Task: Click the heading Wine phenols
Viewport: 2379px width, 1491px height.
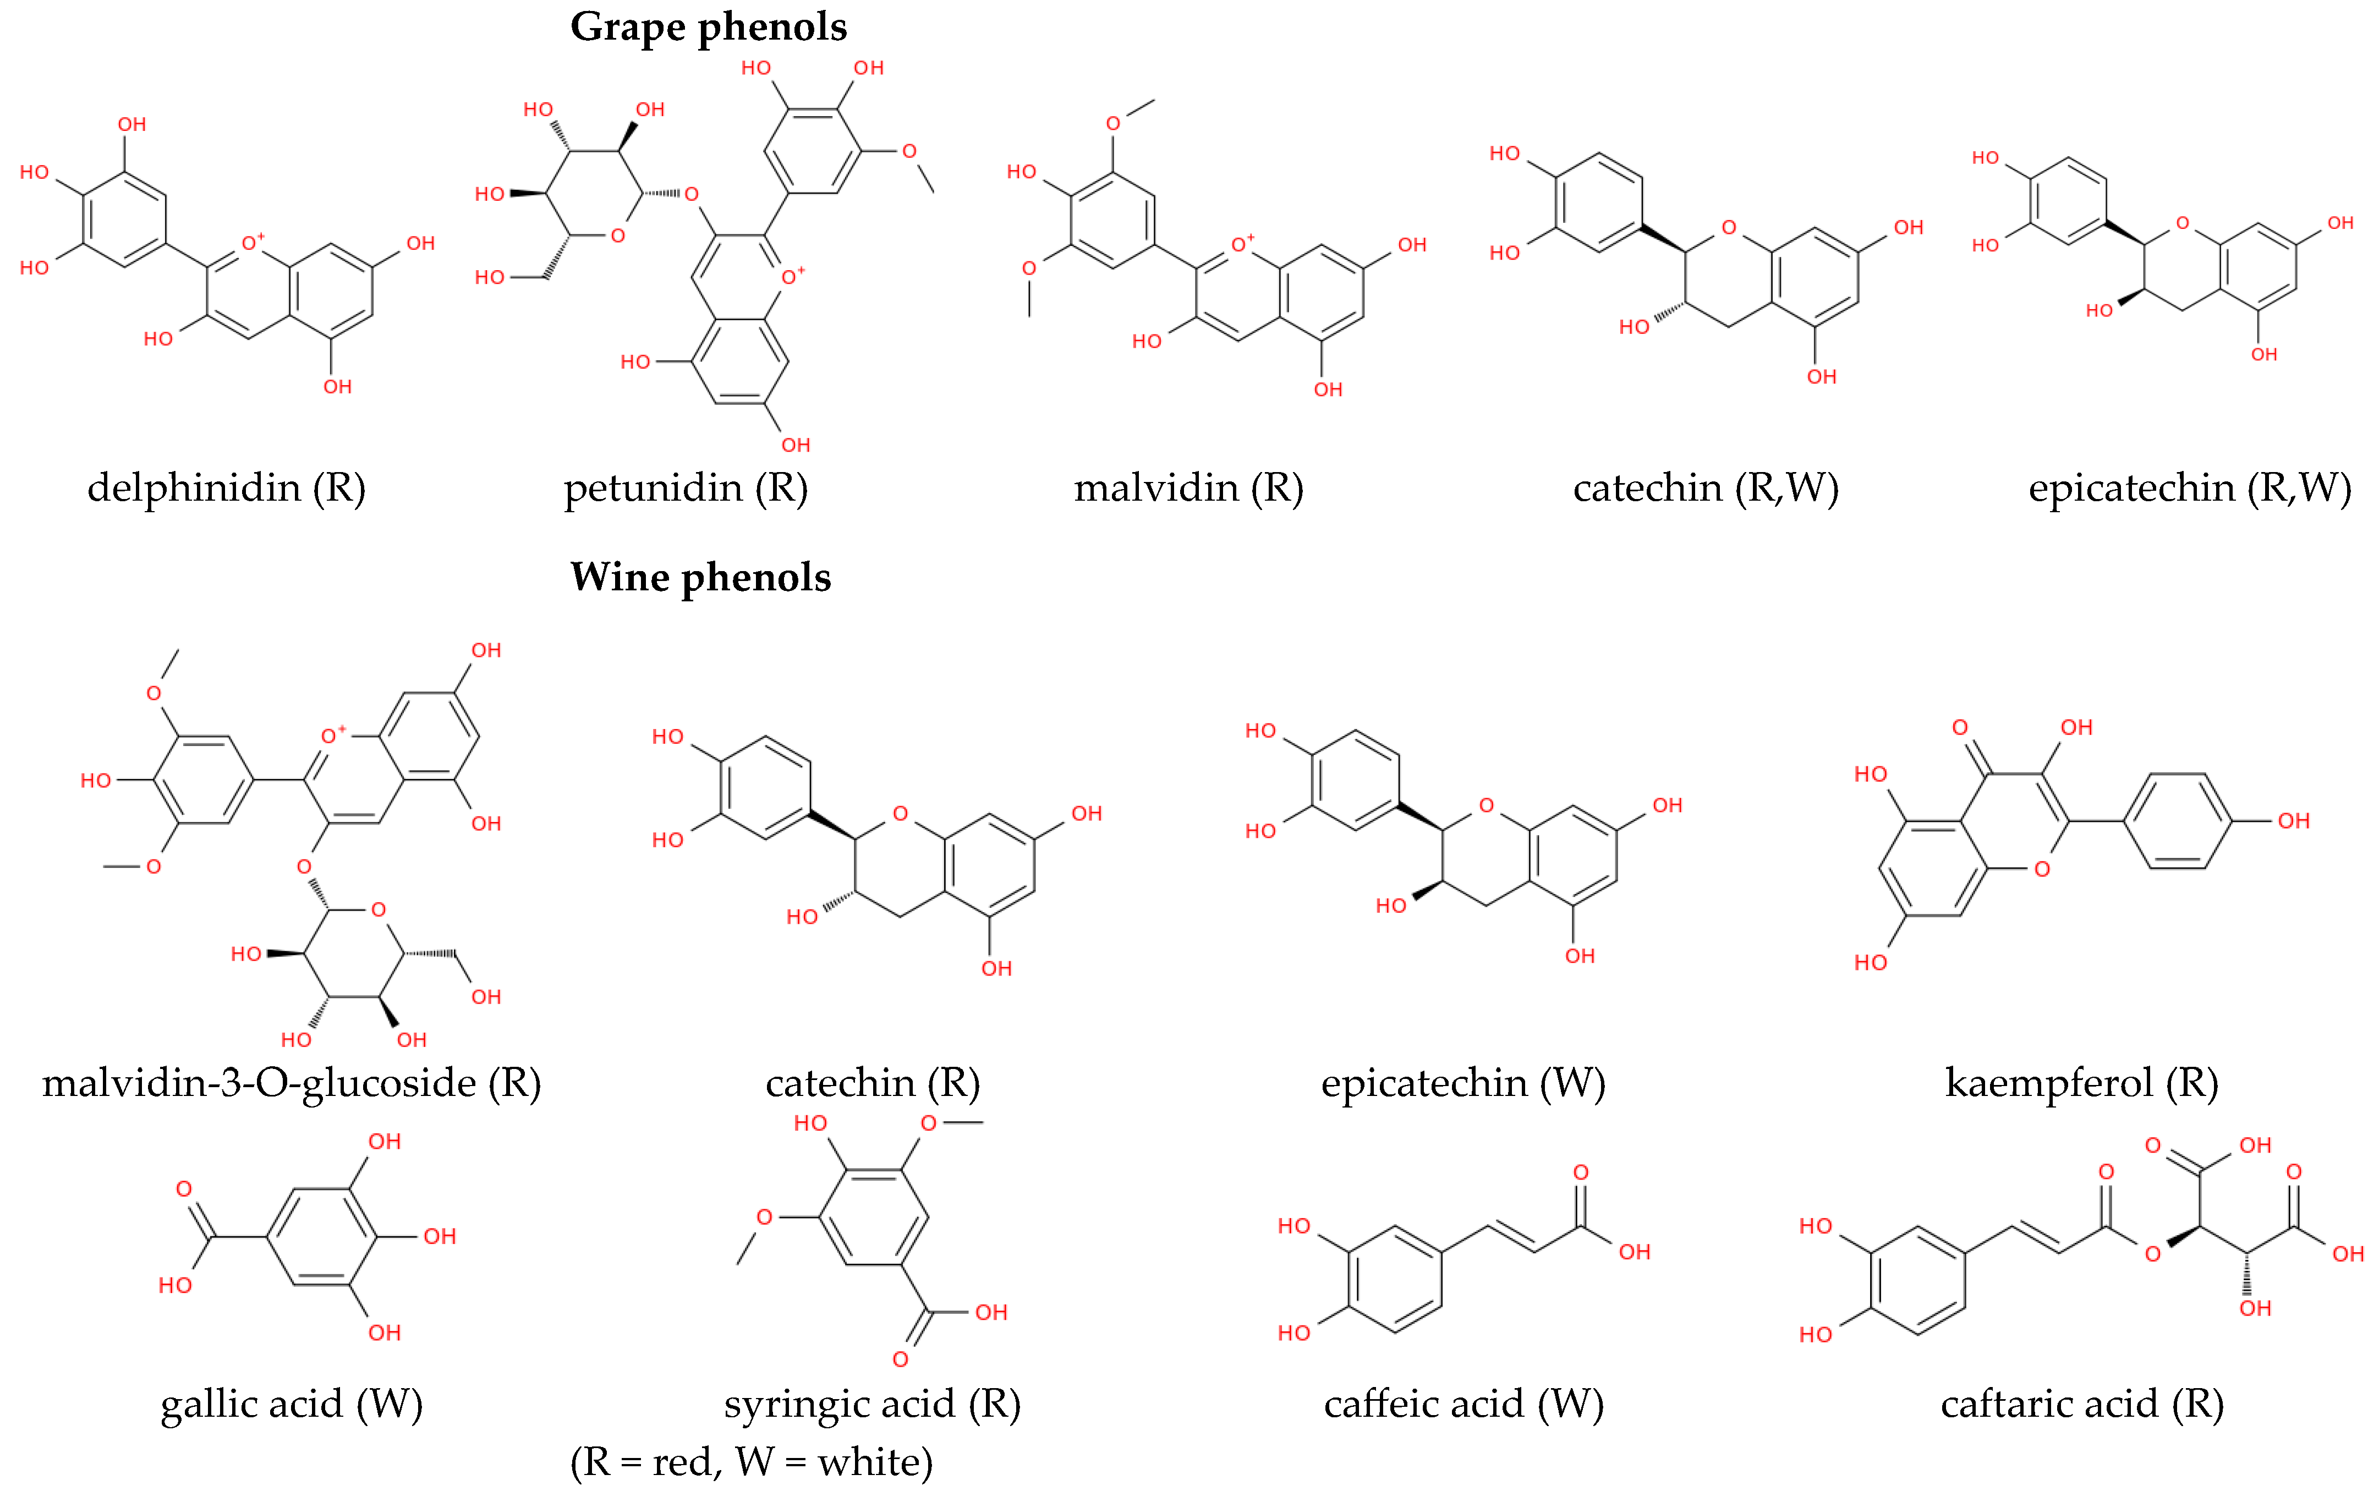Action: (x=700, y=578)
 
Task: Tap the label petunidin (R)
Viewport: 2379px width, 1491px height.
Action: (x=685, y=488)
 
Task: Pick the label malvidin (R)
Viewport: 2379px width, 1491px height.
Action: (x=1188, y=488)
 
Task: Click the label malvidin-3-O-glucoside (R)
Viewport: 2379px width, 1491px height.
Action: (x=292, y=1083)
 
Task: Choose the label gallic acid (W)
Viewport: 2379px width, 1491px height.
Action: (x=292, y=1403)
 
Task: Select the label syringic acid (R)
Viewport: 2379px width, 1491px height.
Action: (x=871, y=1403)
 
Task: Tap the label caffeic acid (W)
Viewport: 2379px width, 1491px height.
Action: (x=1463, y=1403)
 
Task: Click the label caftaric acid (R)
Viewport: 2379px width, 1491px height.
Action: (x=2081, y=1403)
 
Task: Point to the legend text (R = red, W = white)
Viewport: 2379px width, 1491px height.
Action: (x=751, y=1461)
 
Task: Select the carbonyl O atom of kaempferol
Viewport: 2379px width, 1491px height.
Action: (x=1960, y=728)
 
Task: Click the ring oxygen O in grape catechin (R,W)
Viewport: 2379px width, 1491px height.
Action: (x=1728, y=228)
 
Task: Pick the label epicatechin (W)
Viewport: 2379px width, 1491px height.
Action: (x=1463, y=1083)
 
